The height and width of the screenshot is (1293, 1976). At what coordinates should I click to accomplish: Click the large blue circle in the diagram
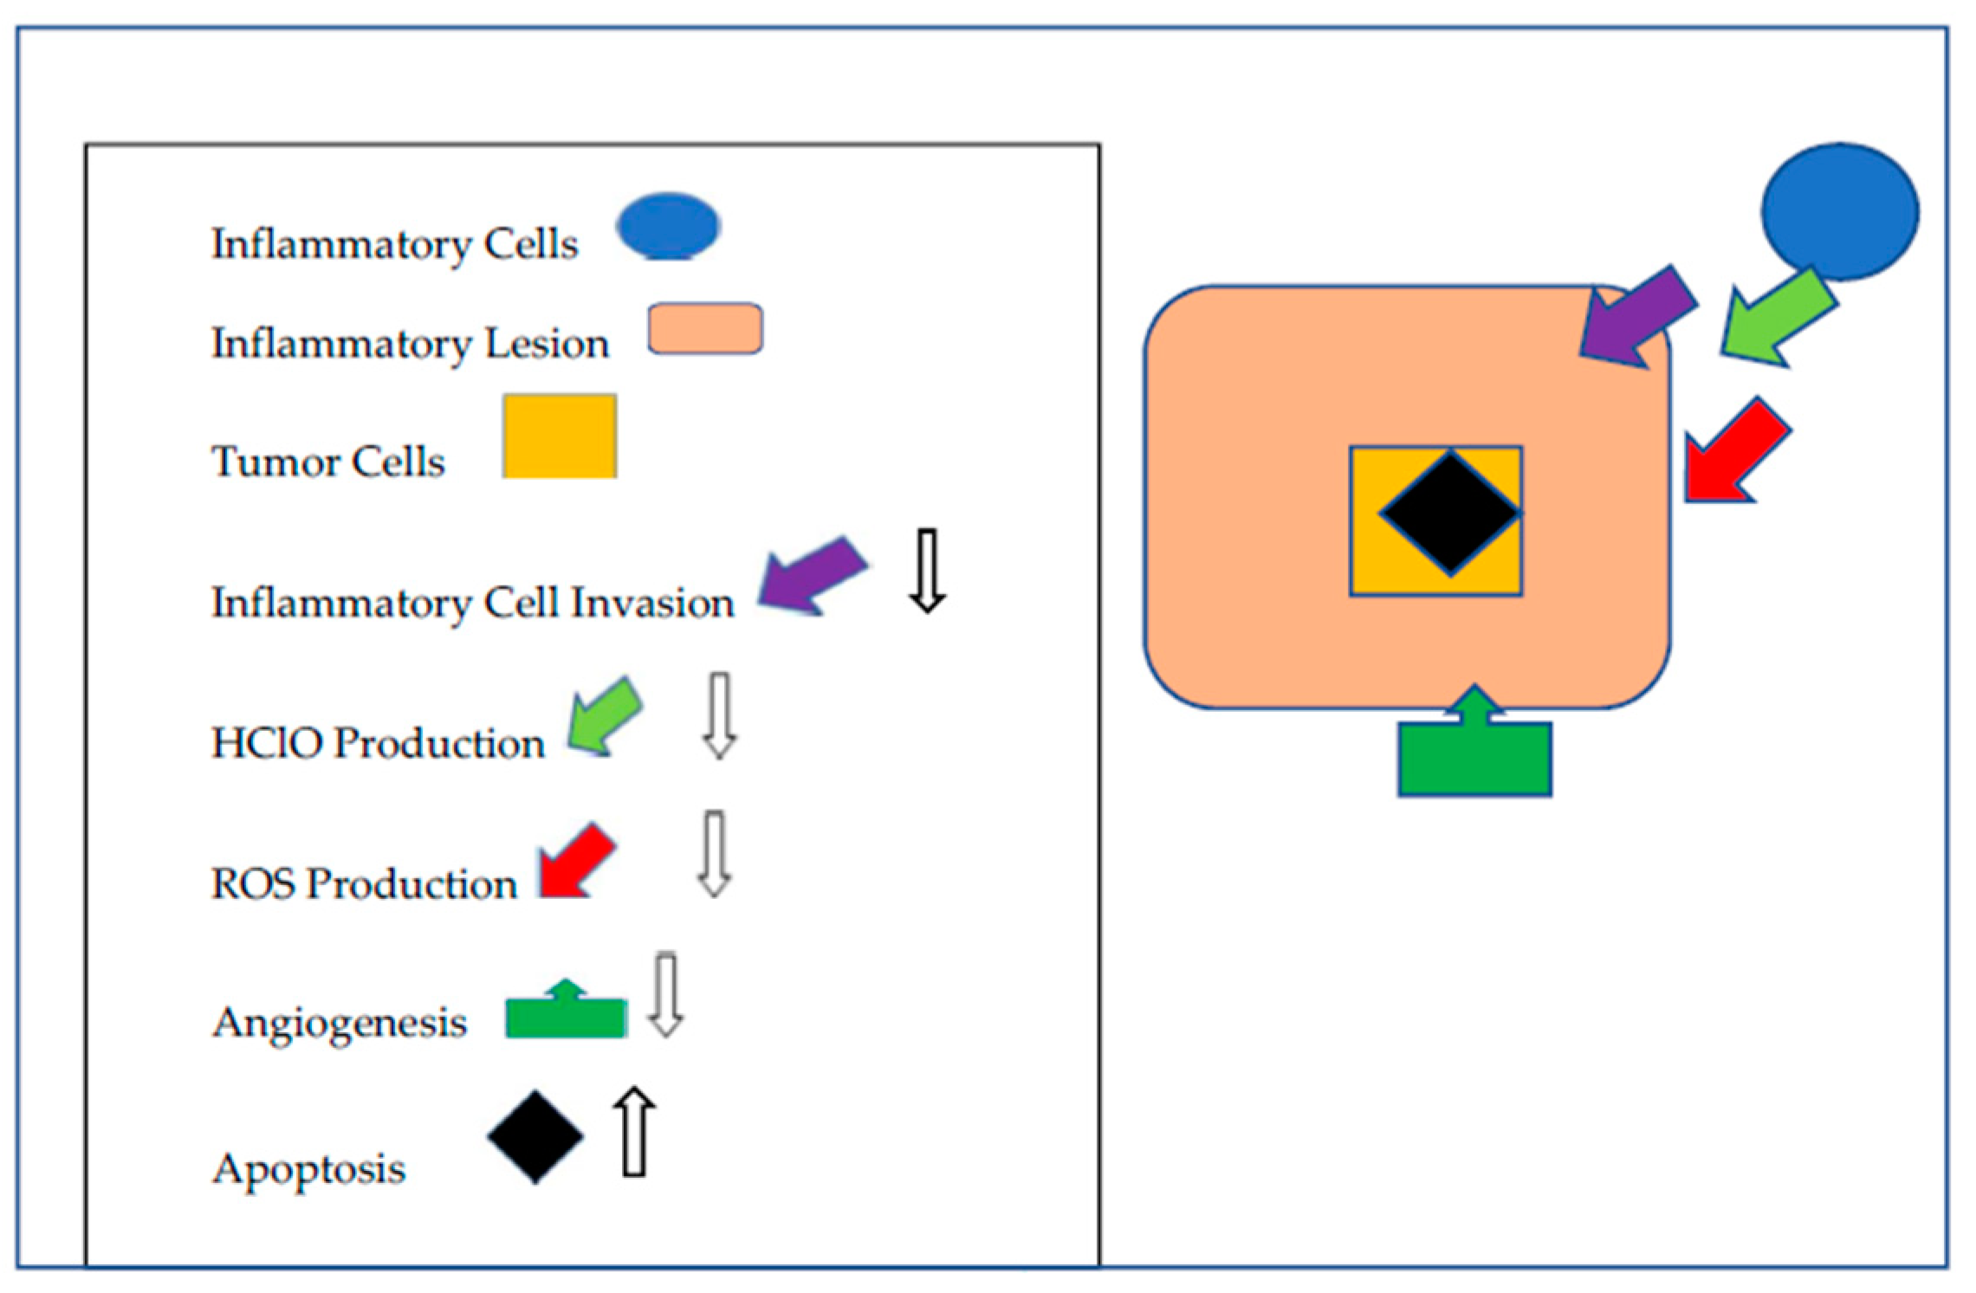coord(1839,212)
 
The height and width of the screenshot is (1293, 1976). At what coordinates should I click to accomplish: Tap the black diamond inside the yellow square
coord(1449,513)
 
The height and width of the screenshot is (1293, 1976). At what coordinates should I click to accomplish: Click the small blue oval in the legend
coord(668,227)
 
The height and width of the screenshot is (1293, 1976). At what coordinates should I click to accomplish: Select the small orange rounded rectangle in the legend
coord(705,328)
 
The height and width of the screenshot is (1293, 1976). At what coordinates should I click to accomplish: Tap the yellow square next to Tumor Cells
coord(560,436)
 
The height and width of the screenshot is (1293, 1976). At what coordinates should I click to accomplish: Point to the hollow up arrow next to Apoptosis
coord(634,1132)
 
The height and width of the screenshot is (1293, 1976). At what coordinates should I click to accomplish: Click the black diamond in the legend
coord(535,1136)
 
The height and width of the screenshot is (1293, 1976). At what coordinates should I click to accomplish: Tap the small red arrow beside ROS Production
coord(575,863)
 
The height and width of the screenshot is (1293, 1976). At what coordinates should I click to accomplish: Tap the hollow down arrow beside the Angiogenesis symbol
coord(665,996)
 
